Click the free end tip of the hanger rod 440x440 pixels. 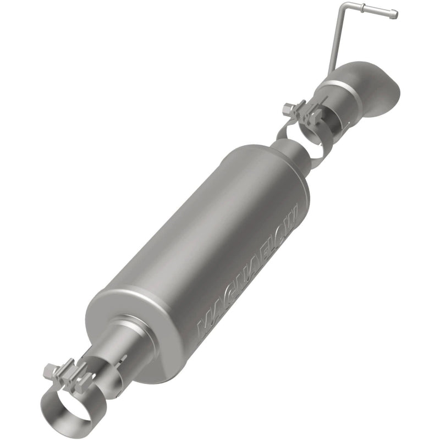pos(394,15)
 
